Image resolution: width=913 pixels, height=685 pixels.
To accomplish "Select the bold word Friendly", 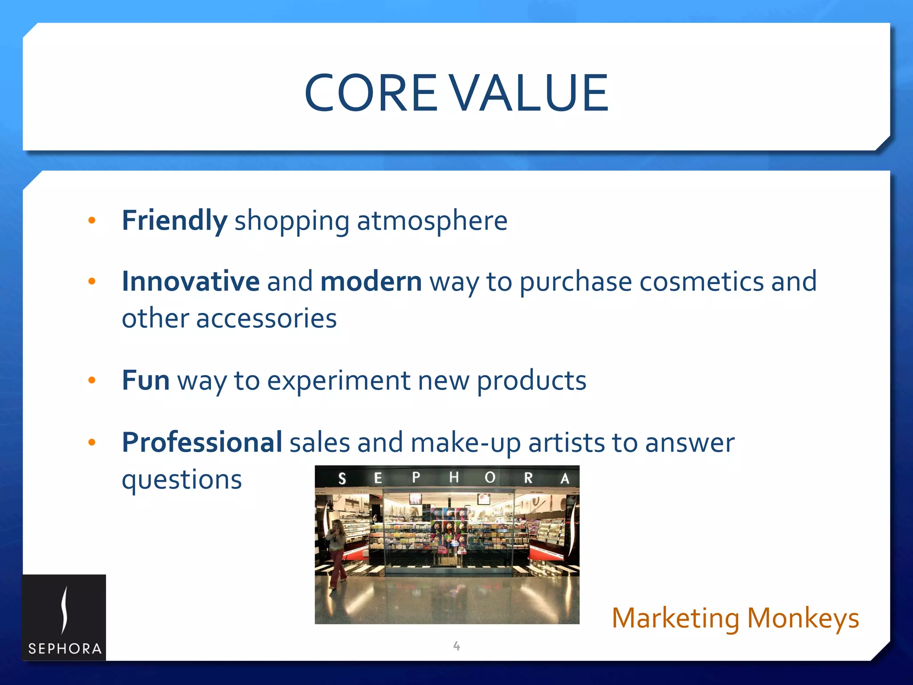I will (174, 221).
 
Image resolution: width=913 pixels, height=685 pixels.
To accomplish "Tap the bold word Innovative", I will (190, 281).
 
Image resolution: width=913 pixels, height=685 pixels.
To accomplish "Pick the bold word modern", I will (371, 281).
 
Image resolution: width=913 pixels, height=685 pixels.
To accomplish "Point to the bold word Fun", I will (145, 380).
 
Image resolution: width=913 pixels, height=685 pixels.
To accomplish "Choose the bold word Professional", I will (202, 442).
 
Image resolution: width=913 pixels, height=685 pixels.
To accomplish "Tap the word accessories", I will (266, 318).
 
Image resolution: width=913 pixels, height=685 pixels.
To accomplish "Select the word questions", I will (182, 480).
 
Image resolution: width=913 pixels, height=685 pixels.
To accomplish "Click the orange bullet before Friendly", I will (92, 220).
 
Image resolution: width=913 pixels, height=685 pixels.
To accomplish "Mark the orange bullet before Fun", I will (92, 380).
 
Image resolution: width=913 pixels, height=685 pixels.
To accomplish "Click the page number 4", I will (456, 645).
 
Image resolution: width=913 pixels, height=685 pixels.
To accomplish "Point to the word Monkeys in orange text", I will (802, 618).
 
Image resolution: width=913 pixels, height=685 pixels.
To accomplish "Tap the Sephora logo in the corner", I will (64, 618).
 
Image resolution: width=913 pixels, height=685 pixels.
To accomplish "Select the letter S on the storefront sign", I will (342, 479).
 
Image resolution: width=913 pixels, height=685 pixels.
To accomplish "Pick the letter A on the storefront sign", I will (564, 479).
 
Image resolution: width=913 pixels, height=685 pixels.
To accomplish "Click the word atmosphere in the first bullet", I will (432, 221).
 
